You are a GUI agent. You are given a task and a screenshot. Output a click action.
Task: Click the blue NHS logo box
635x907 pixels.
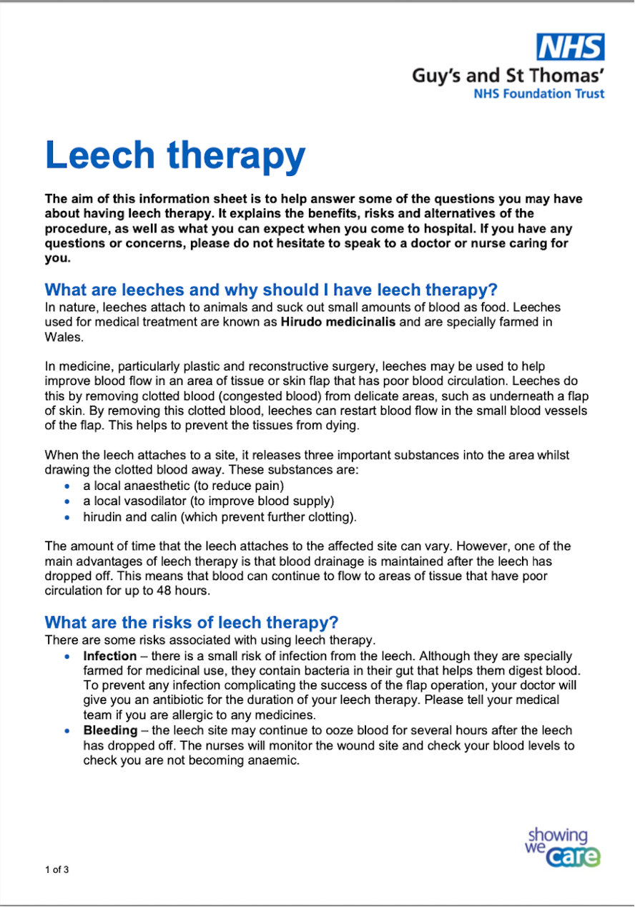(571, 47)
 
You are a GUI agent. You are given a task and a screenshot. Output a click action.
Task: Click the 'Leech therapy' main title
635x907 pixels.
(175, 155)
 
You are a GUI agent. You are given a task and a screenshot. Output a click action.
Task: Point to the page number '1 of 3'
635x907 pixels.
(57, 870)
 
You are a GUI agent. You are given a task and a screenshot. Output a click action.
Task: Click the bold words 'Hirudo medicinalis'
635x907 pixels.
(338, 322)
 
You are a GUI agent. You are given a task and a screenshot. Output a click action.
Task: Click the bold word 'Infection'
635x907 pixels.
(109, 656)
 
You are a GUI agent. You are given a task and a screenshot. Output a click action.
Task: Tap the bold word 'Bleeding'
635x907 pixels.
(110, 730)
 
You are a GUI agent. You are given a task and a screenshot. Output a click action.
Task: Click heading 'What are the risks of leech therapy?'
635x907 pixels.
(192, 622)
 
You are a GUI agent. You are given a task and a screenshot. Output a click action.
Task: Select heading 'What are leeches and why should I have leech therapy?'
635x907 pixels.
(270, 290)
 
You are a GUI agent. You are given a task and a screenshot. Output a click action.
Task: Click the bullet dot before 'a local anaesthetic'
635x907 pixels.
(67, 486)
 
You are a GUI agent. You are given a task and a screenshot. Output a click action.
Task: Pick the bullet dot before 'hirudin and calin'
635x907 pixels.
(67, 516)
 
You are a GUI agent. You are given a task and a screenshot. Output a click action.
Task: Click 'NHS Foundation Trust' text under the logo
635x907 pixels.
(538, 94)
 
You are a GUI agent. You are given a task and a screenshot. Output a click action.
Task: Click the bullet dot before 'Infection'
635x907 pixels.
(67, 657)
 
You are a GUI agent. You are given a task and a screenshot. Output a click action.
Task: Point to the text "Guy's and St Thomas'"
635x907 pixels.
(508, 75)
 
